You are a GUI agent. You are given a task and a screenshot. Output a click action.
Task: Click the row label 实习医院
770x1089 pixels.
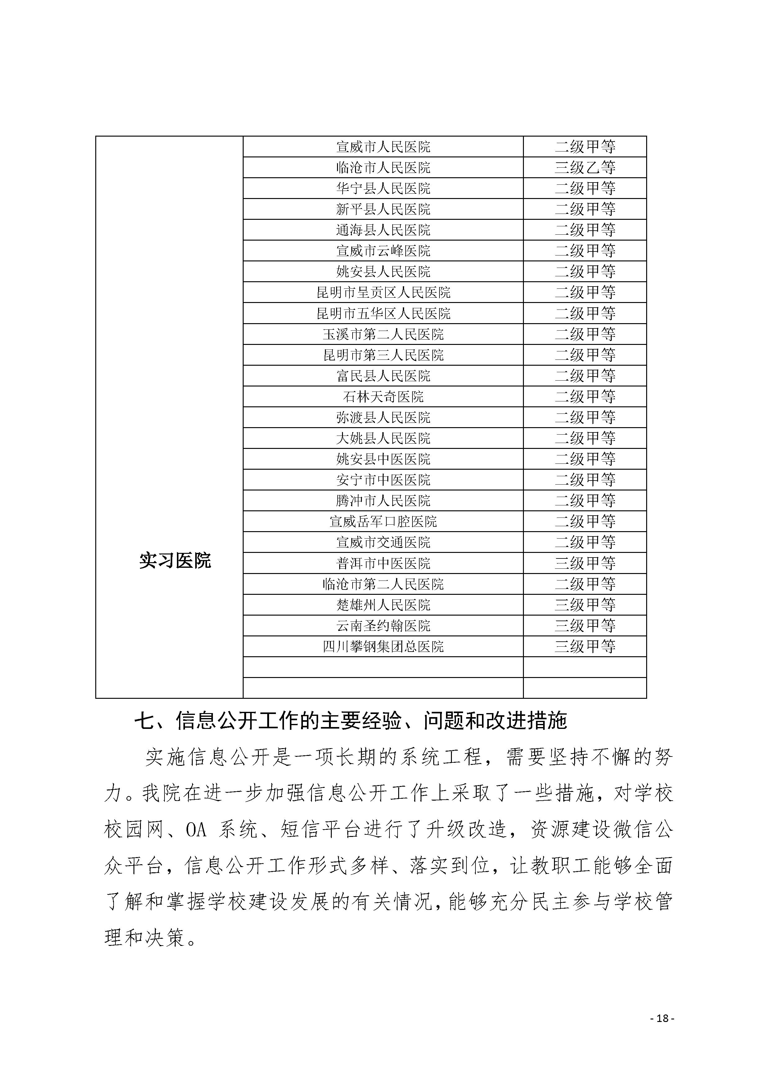pyautogui.click(x=175, y=561)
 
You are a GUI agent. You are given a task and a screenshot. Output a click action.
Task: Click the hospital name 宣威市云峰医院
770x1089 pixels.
pyautogui.click(x=383, y=251)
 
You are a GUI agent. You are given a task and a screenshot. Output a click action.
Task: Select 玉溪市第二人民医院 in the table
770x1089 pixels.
pyautogui.click(x=383, y=334)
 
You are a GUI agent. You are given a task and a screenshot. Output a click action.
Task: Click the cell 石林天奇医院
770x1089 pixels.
pyautogui.click(x=383, y=396)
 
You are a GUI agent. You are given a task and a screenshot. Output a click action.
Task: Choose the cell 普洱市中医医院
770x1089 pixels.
pyautogui.click(x=383, y=563)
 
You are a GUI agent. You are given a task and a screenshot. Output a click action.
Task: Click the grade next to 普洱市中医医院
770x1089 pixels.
pyautogui.click(x=585, y=563)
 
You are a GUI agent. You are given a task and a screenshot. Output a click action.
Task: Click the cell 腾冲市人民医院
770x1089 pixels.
pyautogui.click(x=383, y=501)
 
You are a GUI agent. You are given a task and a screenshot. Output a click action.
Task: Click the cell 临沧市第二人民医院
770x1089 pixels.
pyautogui.click(x=383, y=584)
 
